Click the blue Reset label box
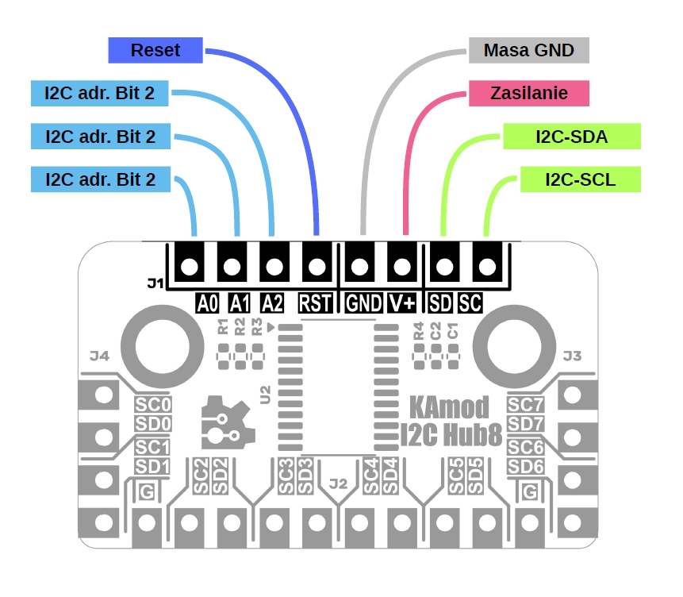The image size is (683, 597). [x=155, y=51]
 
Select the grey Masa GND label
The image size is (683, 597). [x=529, y=51]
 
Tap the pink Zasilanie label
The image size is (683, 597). [x=529, y=93]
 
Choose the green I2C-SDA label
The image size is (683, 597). [x=571, y=137]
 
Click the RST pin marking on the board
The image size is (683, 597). [x=317, y=302]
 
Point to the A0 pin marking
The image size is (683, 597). [x=207, y=302]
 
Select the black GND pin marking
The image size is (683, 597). [x=363, y=302]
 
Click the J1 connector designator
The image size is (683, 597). [x=155, y=283]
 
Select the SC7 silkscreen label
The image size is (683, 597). [x=526, y=404]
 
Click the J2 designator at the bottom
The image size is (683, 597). [x=339, y=482]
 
